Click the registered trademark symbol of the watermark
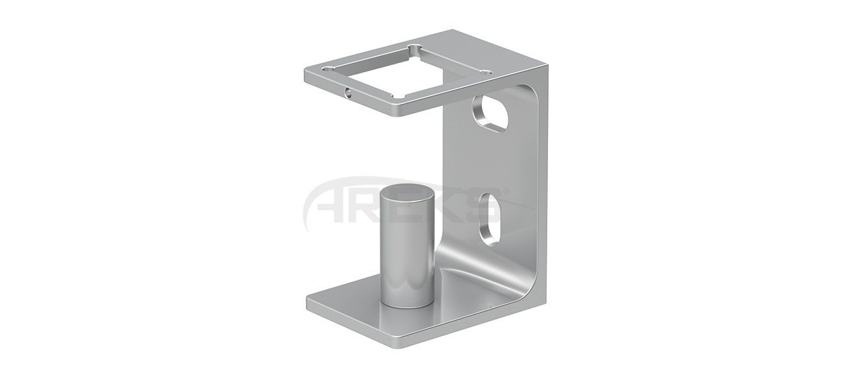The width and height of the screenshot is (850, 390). click(x=506, y=191)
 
